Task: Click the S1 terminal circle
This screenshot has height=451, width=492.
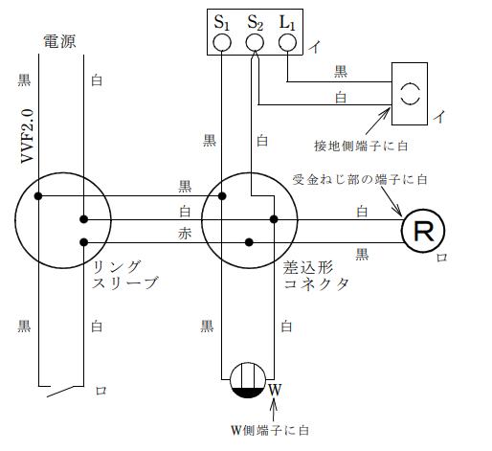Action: [x=221, y=42]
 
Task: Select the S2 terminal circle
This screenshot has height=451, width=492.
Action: [x=255, y=42]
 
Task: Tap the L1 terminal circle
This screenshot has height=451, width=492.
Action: [x=288, y=42]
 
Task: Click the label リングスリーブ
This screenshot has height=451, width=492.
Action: [x=124, y=275]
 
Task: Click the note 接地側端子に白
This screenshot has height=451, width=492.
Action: [x=361, y=146]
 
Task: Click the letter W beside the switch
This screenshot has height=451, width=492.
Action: [x=275, y=390]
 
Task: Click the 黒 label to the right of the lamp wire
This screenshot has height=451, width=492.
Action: [x=363, y=253]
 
